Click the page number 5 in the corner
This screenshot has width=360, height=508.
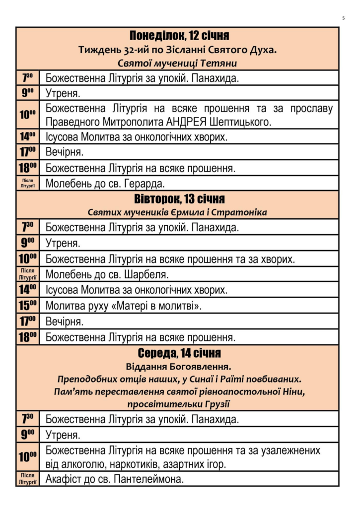[x=343, y=18]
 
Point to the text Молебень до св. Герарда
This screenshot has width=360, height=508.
[x=105, y=184]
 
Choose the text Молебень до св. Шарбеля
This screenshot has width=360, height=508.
[x=107, y=274]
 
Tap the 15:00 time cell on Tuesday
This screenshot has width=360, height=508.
[x=28, y=305]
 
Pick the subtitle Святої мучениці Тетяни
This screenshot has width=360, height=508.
[x=177, y=63]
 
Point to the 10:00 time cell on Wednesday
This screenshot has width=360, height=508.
[x=28, y=457]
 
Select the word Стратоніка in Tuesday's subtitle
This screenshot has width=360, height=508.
[x=243, y=212]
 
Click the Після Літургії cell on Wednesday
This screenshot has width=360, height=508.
[x=28, y=479]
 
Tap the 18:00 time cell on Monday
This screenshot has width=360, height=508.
[x=28, y=168]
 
